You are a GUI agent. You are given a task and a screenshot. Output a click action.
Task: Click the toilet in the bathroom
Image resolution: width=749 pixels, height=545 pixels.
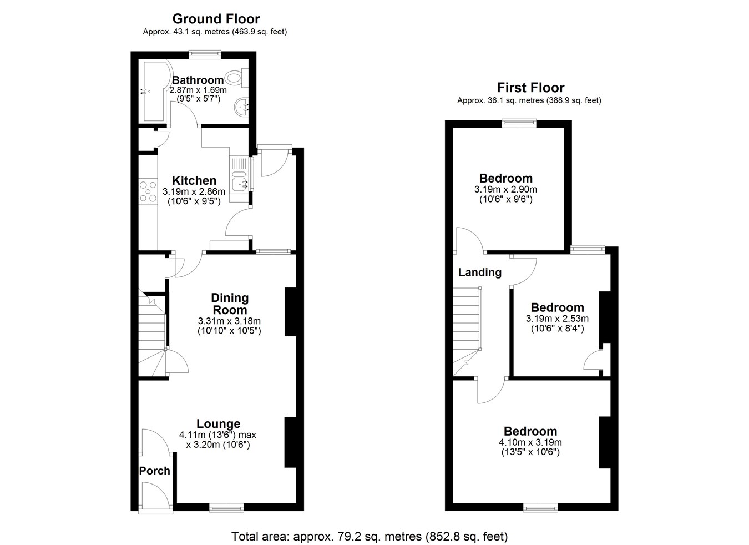[x=237, y=77]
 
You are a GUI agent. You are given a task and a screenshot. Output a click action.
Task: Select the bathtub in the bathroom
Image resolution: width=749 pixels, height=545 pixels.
[x=155, y=91]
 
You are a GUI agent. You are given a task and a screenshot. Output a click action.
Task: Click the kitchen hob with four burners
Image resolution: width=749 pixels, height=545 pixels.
[x=148, y=191]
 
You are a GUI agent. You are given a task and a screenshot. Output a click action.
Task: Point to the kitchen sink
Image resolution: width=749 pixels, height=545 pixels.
[x=240, y=181]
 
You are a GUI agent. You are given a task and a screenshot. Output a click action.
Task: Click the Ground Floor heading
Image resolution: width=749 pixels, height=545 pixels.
[x=216, y=19]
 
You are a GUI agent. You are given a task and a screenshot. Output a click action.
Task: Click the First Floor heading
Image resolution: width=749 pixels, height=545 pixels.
[x=530, y=88]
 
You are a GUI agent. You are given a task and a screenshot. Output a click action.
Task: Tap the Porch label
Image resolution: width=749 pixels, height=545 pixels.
[x=154, y=471]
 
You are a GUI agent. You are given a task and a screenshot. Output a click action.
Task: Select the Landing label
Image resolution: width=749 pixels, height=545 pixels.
[x=480, y=272]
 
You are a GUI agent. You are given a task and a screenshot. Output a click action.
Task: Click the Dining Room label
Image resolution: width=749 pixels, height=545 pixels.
[x=230, y=304]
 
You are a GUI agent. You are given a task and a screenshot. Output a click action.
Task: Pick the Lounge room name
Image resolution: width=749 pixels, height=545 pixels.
[x=219, y=424]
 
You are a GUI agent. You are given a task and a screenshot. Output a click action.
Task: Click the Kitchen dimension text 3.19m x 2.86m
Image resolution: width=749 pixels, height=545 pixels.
[x=194, y=191]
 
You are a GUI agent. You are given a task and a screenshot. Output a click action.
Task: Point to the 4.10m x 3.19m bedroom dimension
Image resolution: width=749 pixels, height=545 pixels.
[x=530, y=442]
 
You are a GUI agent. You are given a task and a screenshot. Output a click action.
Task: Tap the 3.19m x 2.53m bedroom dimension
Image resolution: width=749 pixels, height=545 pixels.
[x=558, y=319]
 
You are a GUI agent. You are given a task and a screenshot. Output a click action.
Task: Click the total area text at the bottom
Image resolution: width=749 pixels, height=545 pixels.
[x=370, y=537]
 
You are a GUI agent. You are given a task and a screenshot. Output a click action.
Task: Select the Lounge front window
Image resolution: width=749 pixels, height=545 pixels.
[x=226, y=508]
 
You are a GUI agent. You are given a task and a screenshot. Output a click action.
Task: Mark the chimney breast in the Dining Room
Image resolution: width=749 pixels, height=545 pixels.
[x=291, y=312]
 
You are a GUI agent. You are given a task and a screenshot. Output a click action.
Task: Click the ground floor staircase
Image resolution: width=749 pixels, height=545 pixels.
[x=153, y=335]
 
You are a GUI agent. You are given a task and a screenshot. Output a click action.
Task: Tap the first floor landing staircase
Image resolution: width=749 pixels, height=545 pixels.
[x=467, y=331]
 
